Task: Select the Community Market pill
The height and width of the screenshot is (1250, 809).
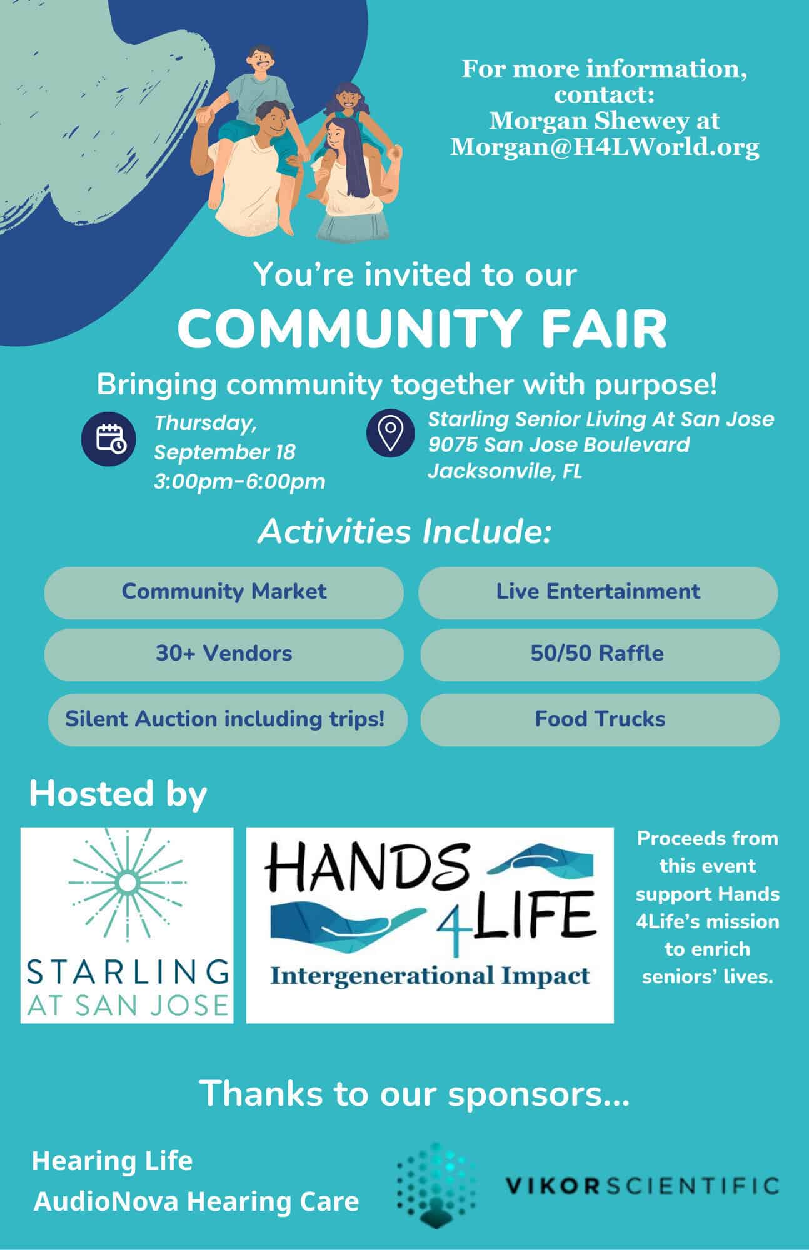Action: tap(224, 592)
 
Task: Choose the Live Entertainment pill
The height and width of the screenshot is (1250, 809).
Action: tap(598, 592)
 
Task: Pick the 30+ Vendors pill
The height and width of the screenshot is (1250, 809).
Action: tap(224, 654)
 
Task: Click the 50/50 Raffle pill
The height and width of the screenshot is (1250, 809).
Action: tap(600, 654)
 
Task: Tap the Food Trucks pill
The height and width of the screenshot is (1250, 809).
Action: tap(600, 719)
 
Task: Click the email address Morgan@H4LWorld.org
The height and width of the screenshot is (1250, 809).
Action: tap(605, 147)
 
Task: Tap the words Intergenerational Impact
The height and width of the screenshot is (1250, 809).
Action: tap(430, 976)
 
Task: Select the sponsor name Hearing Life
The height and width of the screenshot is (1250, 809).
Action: tap(112, 1161)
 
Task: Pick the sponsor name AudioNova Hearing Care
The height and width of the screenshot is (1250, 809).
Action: tap(196, 1201)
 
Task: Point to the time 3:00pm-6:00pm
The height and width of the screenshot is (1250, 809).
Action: tap(239, 482)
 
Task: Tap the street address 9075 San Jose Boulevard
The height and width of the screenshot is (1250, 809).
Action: tap(558, 445)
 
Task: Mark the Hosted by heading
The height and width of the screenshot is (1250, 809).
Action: tap(118, 794)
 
